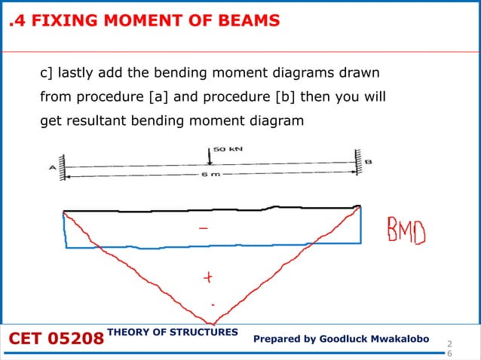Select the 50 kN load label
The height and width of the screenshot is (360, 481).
click(x=227, y=149)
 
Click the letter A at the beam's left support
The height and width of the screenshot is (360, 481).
click(x=53, y=168)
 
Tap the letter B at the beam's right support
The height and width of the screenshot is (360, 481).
click(x=368, y=162)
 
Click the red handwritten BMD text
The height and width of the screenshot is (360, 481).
click(x=406, y=232)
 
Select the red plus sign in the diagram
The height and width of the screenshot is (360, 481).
click(x=206, y=278)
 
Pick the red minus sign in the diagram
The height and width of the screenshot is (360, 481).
click(x=204, y=225)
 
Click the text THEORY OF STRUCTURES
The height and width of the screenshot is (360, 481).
click(x=173, y=332)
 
